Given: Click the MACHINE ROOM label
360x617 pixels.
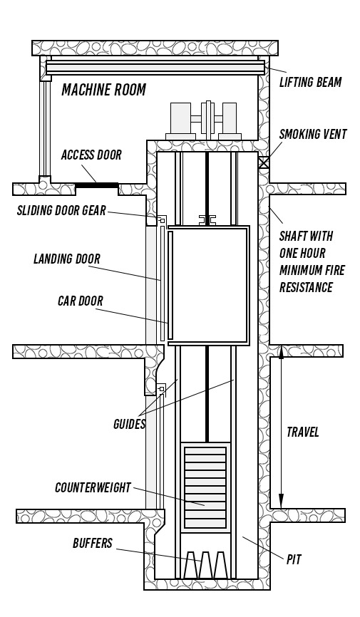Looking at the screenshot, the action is (103, 90).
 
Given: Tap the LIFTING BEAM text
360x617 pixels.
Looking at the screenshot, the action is (310, 82).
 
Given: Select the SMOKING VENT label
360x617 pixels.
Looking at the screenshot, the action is (313, 134).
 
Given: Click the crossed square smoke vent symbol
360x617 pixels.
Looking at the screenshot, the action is (264, 162).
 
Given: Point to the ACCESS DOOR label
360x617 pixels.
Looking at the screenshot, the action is (91, 155).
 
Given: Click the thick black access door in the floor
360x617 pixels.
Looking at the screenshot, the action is (96, 185).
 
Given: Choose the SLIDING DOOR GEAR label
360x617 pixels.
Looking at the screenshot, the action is (61, 210).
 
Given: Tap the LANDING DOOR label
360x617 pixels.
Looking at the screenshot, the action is (67, 259).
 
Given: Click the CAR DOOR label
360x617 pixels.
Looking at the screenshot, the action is (81, 301).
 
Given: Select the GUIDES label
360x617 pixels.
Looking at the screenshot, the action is (129, 424).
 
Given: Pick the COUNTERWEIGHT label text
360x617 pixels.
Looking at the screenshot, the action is (93, 487).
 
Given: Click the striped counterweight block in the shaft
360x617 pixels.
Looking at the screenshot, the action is (205, 487).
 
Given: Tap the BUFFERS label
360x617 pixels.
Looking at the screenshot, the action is (93, 544).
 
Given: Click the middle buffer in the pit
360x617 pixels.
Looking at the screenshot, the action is (205, 565).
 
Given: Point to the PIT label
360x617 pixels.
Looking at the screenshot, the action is (294, 559).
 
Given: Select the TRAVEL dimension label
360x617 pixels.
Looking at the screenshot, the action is (302, 432).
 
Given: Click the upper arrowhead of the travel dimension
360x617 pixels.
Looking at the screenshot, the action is (281, 352).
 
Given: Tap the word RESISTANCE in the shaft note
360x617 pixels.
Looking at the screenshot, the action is (306, 287).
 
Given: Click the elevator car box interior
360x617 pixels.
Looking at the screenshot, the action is (209, 285).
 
